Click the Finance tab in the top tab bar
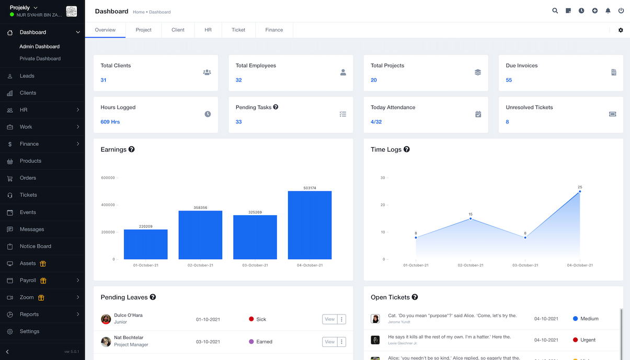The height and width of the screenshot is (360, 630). coord(274,30)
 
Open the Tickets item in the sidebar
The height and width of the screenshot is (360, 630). coord(28,195)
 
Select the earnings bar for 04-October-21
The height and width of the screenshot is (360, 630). coord(310,225)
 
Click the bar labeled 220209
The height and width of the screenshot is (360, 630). coord(145,244)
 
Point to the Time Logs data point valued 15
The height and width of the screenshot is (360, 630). coord(471,218)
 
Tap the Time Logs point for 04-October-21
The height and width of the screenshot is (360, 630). coord(580,191)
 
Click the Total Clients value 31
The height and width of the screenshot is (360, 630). coord(104,80)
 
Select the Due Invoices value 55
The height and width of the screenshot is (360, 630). coord(509,80)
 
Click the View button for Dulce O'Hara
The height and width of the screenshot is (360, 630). coord(329,319)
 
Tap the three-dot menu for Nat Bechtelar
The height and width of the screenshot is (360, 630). coord(342,342)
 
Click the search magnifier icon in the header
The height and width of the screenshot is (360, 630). coord(555,11)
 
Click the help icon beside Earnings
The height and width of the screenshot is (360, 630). coord(132,149)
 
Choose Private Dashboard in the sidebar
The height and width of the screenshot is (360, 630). coord(40,59)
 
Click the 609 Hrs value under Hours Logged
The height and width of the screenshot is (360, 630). coord(110,122)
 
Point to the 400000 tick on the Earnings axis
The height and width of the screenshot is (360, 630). coord(108,205)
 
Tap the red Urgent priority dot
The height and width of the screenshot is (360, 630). coord(576,340)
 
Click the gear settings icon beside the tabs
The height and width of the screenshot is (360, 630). coord(621,30)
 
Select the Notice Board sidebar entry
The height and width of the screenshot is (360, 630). coord(36,246)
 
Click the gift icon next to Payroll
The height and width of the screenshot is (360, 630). coord(43,281)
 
